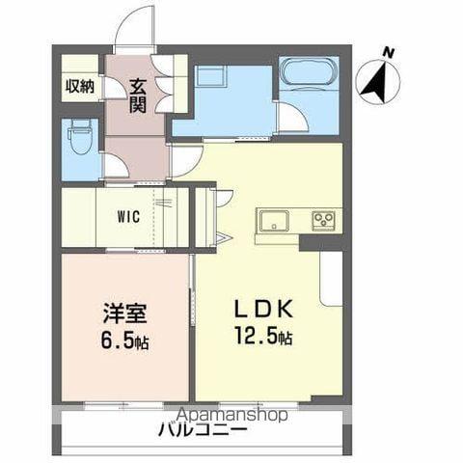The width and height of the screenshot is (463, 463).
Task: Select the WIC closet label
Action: coord(129,216)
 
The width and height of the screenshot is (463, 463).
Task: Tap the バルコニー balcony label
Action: coord(203,429)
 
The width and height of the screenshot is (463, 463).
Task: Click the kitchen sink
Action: coord(273,220)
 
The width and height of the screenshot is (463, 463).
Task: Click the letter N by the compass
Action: coord(388,52)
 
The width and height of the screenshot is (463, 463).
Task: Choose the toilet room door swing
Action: coord(114,165)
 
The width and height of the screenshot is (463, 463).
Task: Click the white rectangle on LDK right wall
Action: coord(331,280)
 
